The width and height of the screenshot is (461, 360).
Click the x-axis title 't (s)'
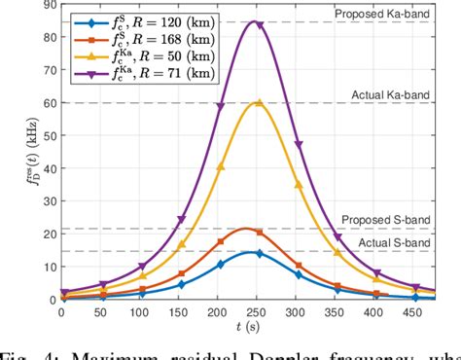258,329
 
